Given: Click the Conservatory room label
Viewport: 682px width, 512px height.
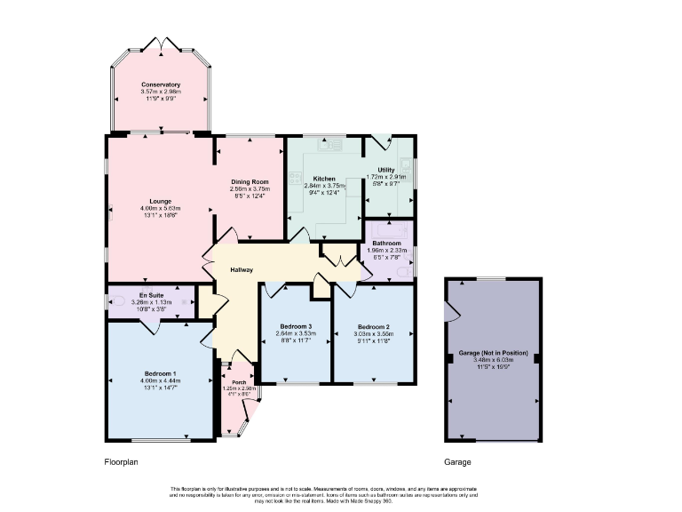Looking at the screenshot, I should click(160, 84).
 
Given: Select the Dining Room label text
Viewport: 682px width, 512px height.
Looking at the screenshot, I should click(250, 181).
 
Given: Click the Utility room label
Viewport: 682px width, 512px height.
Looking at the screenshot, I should click(386, 170).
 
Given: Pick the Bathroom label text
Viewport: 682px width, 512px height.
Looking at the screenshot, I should click(387, 243).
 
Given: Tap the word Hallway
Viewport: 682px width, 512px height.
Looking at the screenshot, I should click(242, 270).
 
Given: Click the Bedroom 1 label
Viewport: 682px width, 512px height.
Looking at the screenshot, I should click(161, 372).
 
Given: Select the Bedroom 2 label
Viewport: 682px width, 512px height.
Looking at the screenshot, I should click(374, 326).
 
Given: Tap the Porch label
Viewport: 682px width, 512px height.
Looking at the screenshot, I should click(238, 381).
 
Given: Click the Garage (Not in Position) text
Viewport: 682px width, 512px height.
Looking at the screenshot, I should click(493, 353).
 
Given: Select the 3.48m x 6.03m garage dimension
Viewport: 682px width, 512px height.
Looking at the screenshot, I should click(493, 359).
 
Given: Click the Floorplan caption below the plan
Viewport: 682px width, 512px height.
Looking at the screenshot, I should click(122, 462).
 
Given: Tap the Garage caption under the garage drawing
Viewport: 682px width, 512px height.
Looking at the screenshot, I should click(459, 462).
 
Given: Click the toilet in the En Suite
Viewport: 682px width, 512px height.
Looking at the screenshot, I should click(117, 301).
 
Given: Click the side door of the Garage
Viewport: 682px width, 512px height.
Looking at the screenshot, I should click(452, 311).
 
